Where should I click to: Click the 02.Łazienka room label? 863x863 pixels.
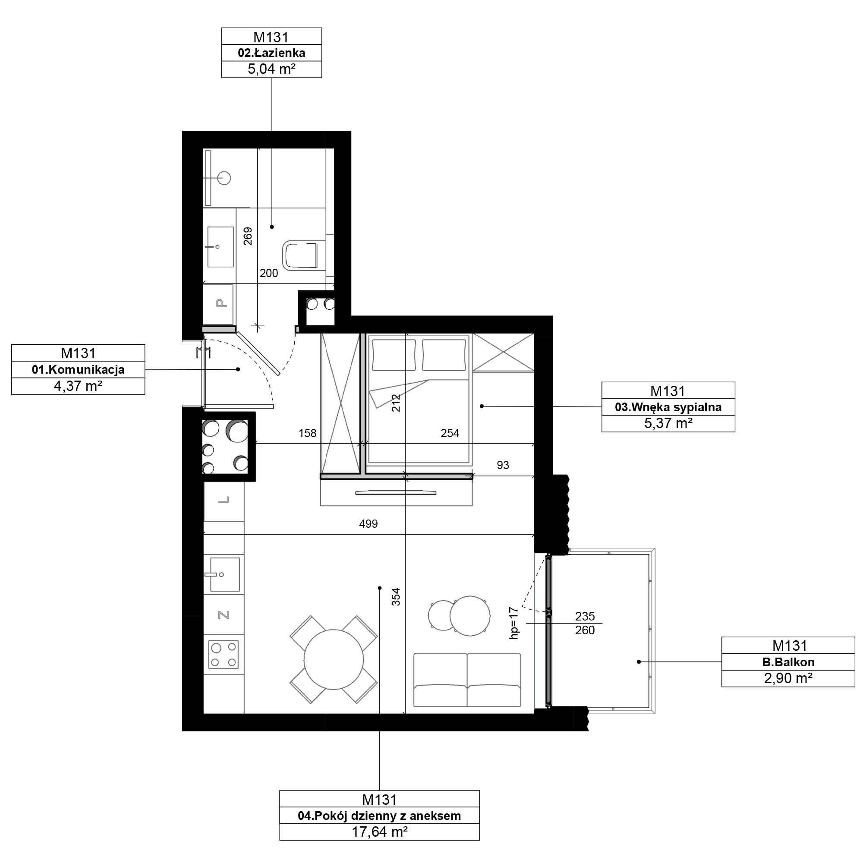271,53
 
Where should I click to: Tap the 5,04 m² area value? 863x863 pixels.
271,69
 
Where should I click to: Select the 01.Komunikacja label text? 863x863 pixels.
78,370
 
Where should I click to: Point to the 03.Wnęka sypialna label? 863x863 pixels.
668,407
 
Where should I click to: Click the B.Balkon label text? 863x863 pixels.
788,662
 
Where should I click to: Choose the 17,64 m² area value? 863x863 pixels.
380,832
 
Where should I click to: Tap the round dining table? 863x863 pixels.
333,659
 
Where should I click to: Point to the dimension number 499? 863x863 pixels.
369,523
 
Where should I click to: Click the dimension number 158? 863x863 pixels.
307,433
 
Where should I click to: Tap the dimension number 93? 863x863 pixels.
503,465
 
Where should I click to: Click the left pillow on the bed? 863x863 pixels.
394,355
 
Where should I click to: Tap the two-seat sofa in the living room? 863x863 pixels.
467,680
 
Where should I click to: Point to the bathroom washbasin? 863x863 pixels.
220,247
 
